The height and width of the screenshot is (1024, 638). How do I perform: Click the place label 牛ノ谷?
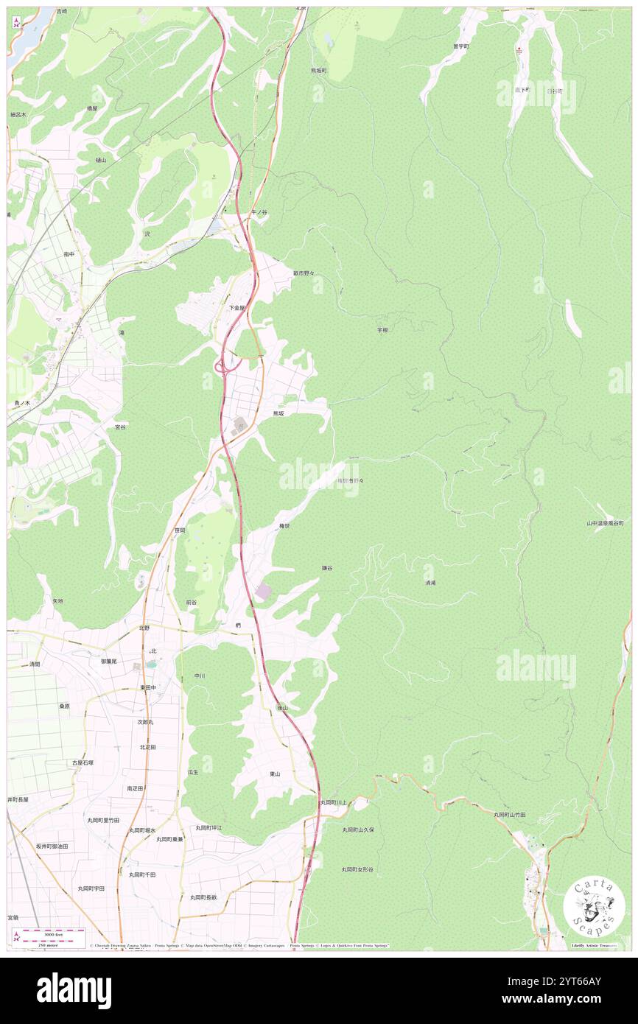click(x=259, y=212)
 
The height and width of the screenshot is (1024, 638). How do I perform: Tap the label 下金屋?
click(x=236, y=307)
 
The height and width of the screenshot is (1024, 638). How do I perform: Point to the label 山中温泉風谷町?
click(x=605, y=523)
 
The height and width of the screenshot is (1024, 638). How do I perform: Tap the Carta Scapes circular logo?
click(x=595, y=908)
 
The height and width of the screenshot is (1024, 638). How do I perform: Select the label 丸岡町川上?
click(x=333, y=803)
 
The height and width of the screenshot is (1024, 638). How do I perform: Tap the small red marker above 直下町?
click(x=518, y=50)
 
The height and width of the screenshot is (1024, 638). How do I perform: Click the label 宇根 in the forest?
click(x=382, y=330)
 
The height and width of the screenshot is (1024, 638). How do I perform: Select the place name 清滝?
click(x=430, y=583)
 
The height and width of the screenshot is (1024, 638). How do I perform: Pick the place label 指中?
click(x=69, y=253)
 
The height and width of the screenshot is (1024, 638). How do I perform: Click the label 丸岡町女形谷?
click(x=357, y=869)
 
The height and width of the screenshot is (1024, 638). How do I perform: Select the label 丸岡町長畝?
click(x=203, y=897)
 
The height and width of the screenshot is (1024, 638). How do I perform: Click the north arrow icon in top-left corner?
click(x=17, y=23)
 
